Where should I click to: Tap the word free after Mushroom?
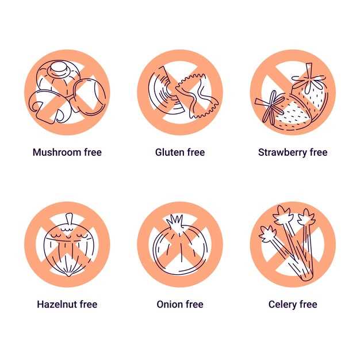click(90, 152)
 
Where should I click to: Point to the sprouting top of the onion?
click(174, 220)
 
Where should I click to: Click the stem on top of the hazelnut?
click(67, 219)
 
